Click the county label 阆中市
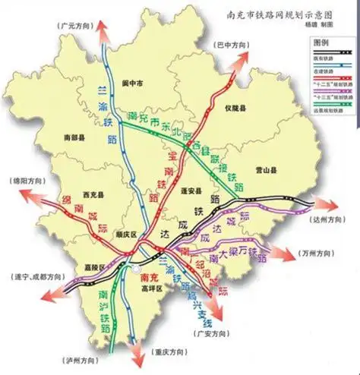(136, 83)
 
